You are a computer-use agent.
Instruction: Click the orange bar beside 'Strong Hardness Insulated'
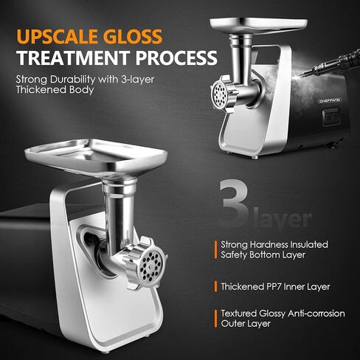pyautogui.click(x=215, y=249)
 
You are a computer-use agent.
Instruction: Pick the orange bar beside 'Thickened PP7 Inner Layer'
pyautogui.click(x=215, y=285)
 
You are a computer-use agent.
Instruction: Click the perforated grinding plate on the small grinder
pyautogui.click(x=219, y=94)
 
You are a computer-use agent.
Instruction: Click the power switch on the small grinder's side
pyautogui.click(x=331, y=116)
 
